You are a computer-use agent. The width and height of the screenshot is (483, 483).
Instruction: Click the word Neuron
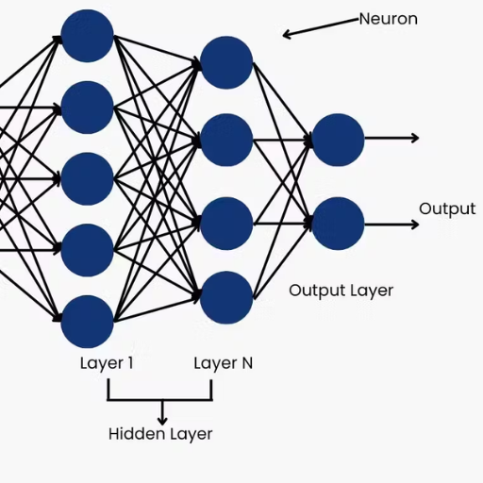pyautogui.click(x=389, y=19)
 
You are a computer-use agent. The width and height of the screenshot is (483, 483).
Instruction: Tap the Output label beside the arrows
pyautogui.click(x=447, y=209)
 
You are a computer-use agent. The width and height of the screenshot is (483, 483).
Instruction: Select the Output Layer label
pyautogui.click(x=341, y=291)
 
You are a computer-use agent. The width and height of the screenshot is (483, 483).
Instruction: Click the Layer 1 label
pyautogui.click(x=107, y=363)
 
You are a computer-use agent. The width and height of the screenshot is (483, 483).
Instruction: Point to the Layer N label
pyautogui.click(x=224, y=363)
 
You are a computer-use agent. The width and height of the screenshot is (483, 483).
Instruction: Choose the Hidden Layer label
pyautogui.click(x=160, y=434)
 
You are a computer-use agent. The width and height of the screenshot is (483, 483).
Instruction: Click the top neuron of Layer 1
pyautogui.click(x=87, y=36)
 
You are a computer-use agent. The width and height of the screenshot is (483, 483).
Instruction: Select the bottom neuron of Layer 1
pyautogui.click(x=87, y=322)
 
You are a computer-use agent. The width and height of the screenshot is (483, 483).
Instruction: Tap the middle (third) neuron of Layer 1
pyautogui.click(x=87, y=179)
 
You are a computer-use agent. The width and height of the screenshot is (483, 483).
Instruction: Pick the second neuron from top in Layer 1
pyautogui.click(x=87, y=108)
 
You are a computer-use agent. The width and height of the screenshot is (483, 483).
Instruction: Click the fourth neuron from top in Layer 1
pyautogui.click(x=87, y=250)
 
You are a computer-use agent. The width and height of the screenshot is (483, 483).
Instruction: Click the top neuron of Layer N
pyautogui.click(x=226, y=62)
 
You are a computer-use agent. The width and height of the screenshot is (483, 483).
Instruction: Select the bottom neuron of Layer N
pyautogui.click(x=226, y=297)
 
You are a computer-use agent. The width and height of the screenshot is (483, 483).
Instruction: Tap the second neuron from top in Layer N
pyautogui.click(x=226, y=140)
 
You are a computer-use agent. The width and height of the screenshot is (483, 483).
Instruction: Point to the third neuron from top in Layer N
pyautogui.click(x=226, y=224)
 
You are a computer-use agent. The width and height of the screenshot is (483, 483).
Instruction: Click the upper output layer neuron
pyautogui.click(x=338, y=140)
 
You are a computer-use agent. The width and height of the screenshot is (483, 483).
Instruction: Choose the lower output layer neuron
pyautogui.click(x=338, y=224)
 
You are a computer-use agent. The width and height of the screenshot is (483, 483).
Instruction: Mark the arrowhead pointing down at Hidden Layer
pyautogui.click(x=162, y=421)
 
